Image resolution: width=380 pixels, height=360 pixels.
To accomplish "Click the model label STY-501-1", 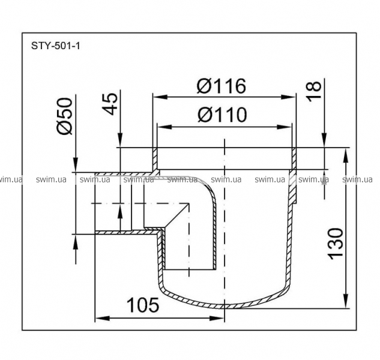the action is [55, 46].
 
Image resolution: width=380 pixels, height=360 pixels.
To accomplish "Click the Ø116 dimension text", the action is [222, 86].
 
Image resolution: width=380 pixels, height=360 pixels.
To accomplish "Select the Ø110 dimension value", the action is [222, 115].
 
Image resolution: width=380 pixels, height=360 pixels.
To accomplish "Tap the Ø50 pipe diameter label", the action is [65, 116].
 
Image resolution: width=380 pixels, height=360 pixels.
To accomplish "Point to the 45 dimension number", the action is [110, 104].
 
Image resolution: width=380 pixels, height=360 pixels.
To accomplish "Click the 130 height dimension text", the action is [336, 244].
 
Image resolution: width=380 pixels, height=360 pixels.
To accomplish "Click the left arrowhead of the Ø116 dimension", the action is [160, 97].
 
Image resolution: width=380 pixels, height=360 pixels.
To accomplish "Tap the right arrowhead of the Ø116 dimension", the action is [288, 97].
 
